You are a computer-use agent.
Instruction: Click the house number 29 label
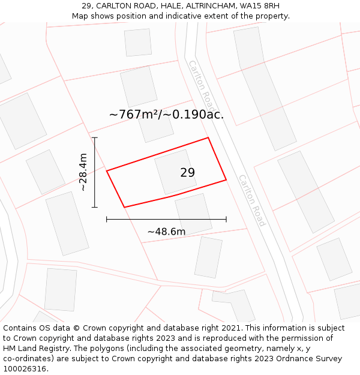pyautogui.click(x=187, y=173)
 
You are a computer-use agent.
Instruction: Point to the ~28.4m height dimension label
pyautogui.click(x=83, y=172)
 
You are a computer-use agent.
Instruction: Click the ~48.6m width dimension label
pyautogui.click(x=166, y=232)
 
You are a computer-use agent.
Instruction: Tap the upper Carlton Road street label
pyautogui.click(x=200, y=83)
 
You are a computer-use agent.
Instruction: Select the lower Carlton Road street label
pyautogui.click(x=252, y=200)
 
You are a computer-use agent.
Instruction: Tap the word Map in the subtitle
pyautogui.click(x=81, y=16)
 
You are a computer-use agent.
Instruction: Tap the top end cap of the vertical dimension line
pyautogui.click(x=95, y=137)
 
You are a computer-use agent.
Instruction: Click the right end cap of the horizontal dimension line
pyautogui.click(x=226, y=220)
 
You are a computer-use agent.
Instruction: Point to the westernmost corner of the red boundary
pyautogui.click(x=107, y=171)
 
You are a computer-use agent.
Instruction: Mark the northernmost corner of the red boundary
pyautogui.click(x=208, y=138)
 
